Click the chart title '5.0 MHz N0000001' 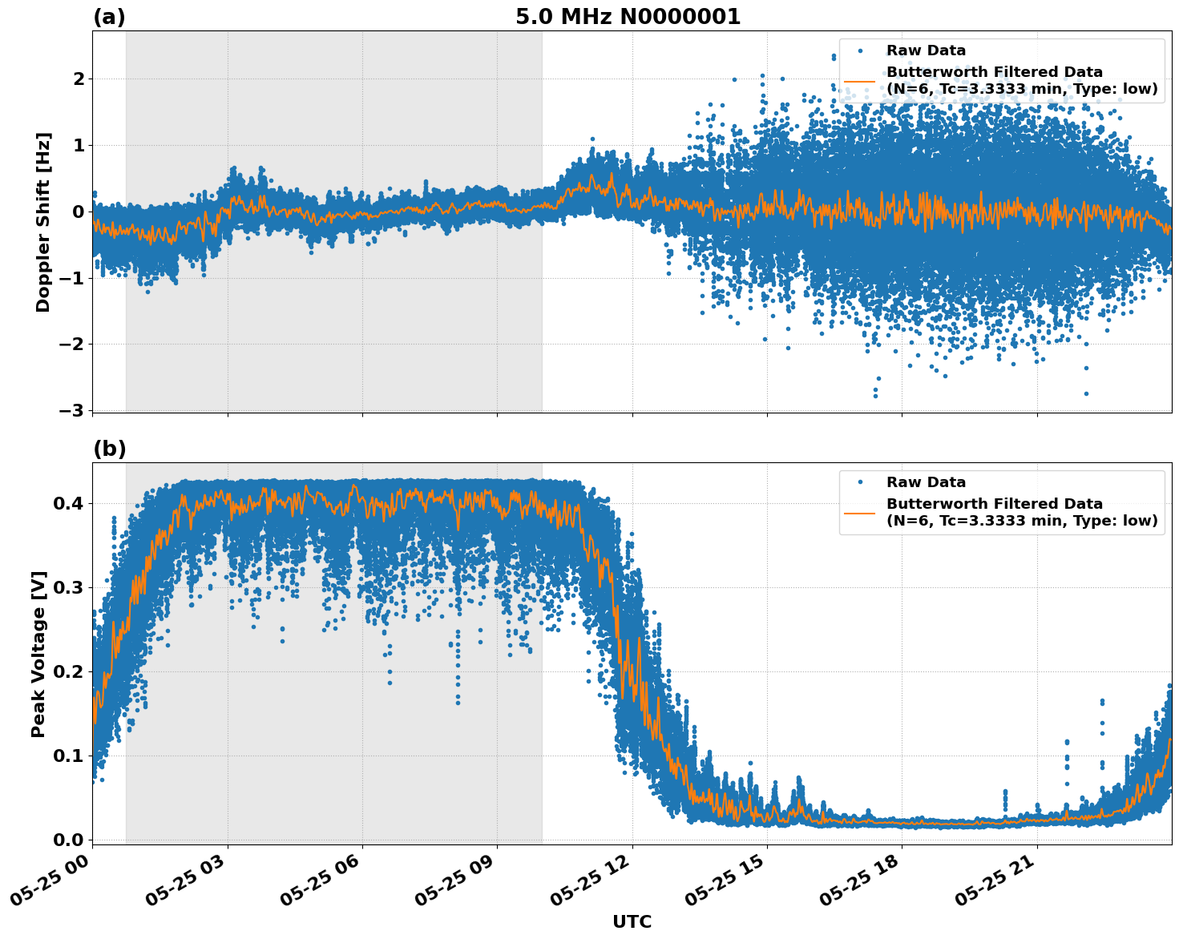628,17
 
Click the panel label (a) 109,17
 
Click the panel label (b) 109,449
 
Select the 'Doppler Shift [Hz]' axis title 43,222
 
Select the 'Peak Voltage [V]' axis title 38,654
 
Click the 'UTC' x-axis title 632,921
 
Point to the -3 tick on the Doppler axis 71,410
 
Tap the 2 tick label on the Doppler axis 79,79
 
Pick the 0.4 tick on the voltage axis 67,503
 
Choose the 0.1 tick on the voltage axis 67,756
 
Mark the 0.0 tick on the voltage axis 67,840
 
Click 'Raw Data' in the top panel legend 926,50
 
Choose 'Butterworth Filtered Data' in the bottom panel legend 994,504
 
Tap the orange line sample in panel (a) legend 860,81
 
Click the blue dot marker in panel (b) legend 860,482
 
